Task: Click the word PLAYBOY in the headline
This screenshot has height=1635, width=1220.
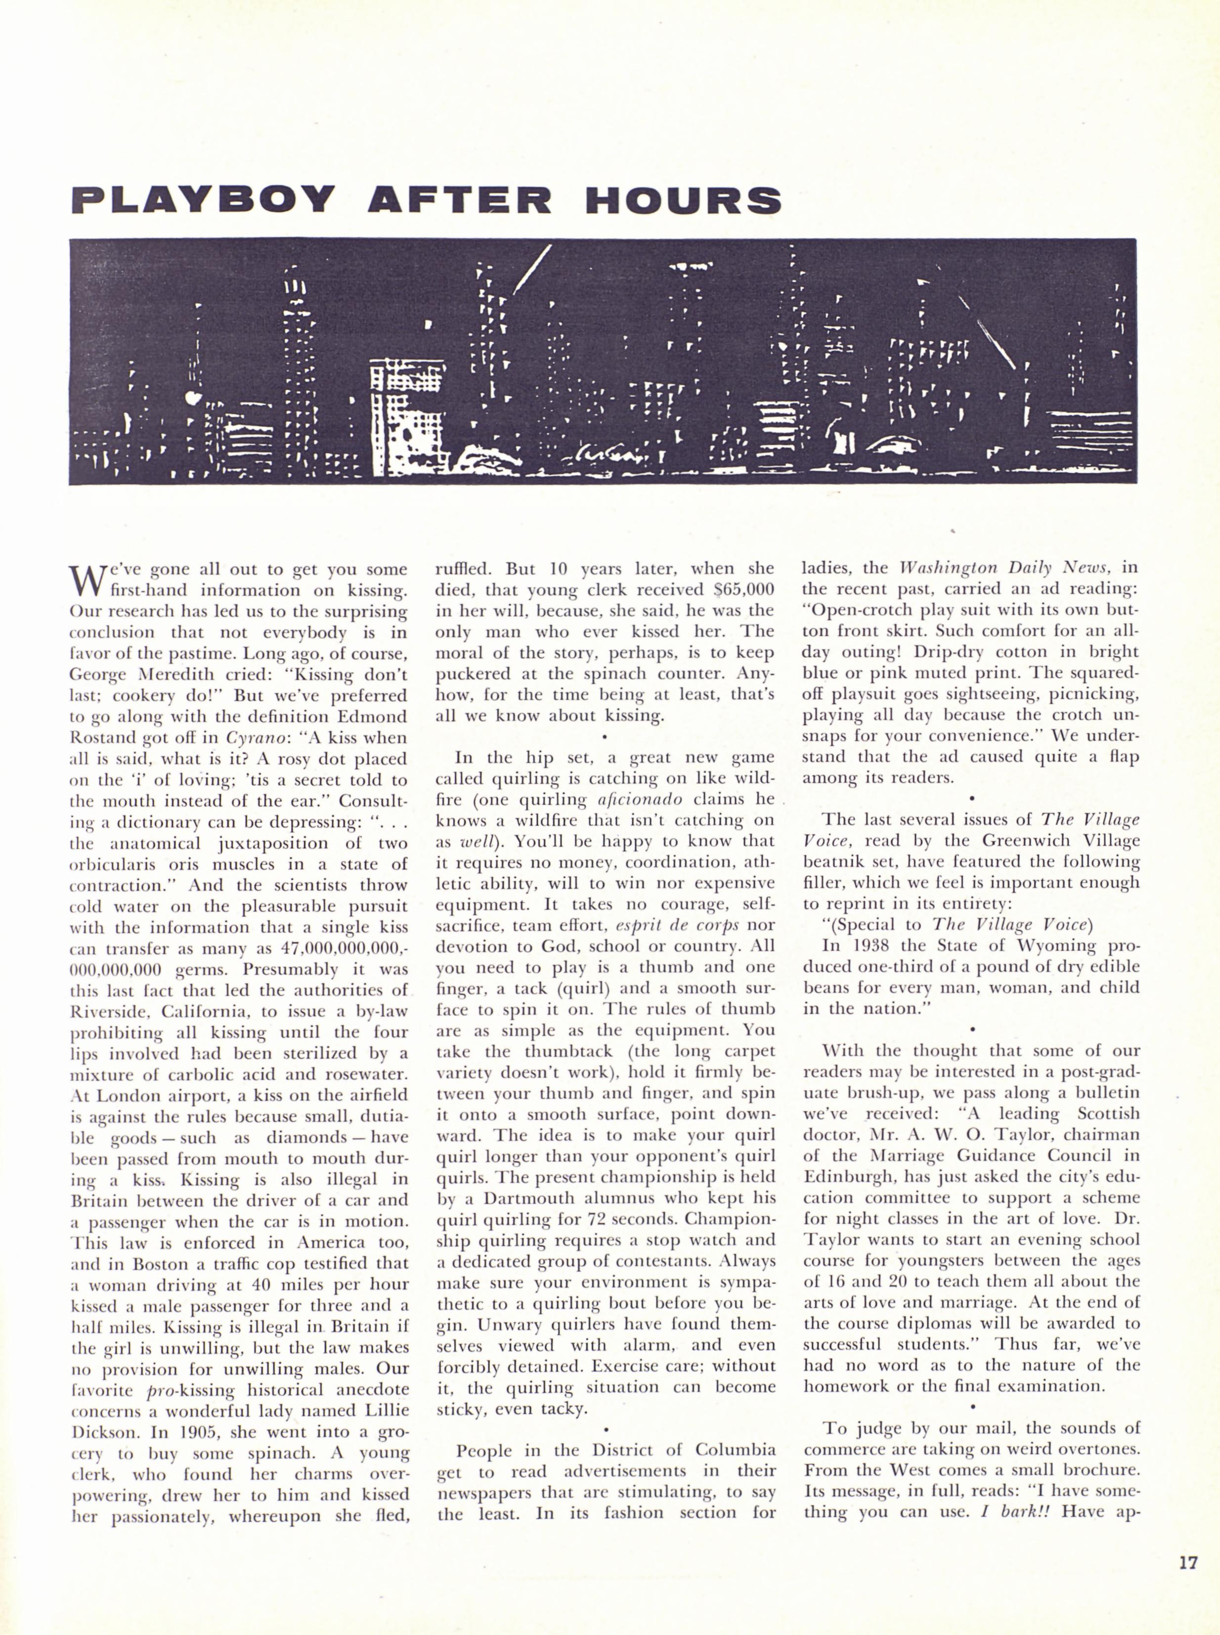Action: tap(203, 199)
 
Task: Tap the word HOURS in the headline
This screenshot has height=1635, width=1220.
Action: tap(683, 199)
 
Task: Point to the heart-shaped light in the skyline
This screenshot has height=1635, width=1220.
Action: tap(193, 399)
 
